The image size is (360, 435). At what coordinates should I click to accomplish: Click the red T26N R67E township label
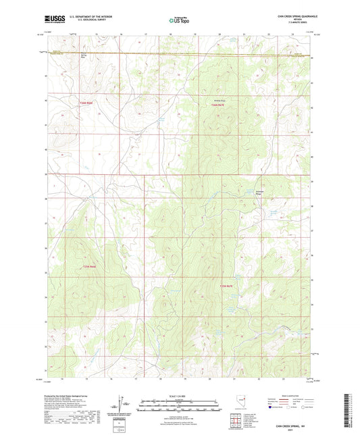(216, 105)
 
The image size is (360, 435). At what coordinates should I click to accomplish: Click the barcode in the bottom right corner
(347, 411)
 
